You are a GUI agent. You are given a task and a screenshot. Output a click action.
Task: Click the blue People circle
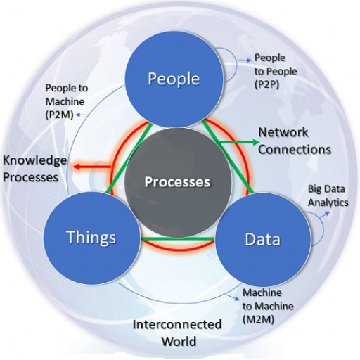coord(174,79)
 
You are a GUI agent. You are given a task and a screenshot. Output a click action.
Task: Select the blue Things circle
coord(92,238)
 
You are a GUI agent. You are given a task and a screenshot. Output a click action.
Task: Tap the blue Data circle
coord(263,240)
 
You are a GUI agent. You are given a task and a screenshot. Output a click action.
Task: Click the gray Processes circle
coord(178,182)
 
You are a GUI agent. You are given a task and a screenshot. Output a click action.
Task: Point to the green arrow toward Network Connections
coord(238,142)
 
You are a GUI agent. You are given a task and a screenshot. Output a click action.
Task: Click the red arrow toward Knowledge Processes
coord(91,167)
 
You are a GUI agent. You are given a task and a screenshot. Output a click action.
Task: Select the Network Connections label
coord(295,141)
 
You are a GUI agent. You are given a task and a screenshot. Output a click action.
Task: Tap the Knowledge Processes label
coord(34,169)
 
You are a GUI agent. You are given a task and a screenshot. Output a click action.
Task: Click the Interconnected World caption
coord(177,333)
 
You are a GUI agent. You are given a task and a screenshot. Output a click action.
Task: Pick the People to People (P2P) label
coord(276,71)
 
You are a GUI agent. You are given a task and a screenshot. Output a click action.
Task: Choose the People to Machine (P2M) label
coord(67,101)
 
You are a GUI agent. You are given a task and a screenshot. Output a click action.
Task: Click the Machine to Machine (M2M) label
coord(268,306)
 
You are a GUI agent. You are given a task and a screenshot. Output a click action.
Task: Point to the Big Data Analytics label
coord(328,195)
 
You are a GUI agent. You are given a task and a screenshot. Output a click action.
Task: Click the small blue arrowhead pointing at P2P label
coord(249,60)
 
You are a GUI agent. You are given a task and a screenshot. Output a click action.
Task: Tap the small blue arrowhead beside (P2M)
coord(78,115)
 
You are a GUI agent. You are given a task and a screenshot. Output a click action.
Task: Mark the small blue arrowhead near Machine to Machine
coord(237,299)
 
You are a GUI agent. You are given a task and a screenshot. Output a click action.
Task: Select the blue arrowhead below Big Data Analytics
coord(327,213)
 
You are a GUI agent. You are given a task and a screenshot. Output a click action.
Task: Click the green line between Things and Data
coord(178,239)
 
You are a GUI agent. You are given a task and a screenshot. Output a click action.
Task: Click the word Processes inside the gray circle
coord(177,182)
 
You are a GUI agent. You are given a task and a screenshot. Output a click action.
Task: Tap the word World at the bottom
coord(179,341)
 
